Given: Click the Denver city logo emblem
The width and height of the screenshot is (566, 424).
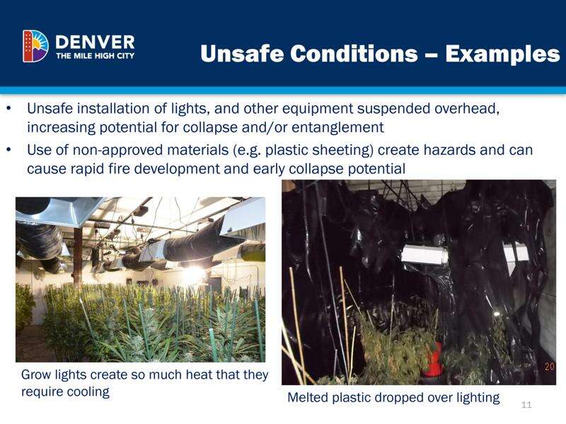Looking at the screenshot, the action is (x=35, y=46).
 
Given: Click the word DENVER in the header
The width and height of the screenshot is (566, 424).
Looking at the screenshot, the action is (x=95, y=42).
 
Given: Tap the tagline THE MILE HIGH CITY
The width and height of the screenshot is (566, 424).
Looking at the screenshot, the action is (x=96, y=56).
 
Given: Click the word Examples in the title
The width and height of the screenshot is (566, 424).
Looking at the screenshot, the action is (x=502, y=54).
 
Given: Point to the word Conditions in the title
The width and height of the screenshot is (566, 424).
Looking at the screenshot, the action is (x=353, y=54).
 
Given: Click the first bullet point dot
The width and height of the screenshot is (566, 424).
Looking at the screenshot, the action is (x=9, y=108).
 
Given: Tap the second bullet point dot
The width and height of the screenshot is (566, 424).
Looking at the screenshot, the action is (x=9, y=149).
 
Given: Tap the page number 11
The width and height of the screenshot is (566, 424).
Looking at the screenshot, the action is (x=526, y=404).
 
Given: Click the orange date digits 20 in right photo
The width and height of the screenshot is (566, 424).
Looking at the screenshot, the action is (x=550, y=366).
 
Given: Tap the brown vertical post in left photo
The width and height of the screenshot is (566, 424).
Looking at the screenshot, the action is (x=78, y=257).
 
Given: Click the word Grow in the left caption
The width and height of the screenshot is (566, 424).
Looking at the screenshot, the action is (x=36, y=375).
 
